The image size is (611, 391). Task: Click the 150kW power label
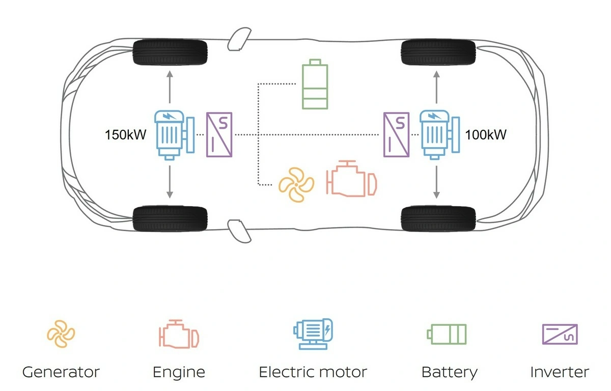tap(126, 135)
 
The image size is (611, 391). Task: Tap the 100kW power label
tap(486, 135)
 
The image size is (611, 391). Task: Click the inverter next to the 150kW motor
tap(219, 134)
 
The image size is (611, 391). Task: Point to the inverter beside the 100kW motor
tap(396, 134)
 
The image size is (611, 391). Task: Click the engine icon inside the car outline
tap(351, 179)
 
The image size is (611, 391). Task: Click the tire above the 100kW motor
tap(438, 52)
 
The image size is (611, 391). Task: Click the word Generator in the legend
tap(61, 372)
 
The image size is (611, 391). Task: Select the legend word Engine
tap(179, 372)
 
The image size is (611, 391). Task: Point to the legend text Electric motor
tap(313, 372)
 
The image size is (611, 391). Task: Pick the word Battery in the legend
tap(450, 372)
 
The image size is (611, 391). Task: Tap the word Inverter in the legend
tap(560, 372)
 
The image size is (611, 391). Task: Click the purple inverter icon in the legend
tap(560, 334)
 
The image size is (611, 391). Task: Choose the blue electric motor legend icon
tap(313, 333)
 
